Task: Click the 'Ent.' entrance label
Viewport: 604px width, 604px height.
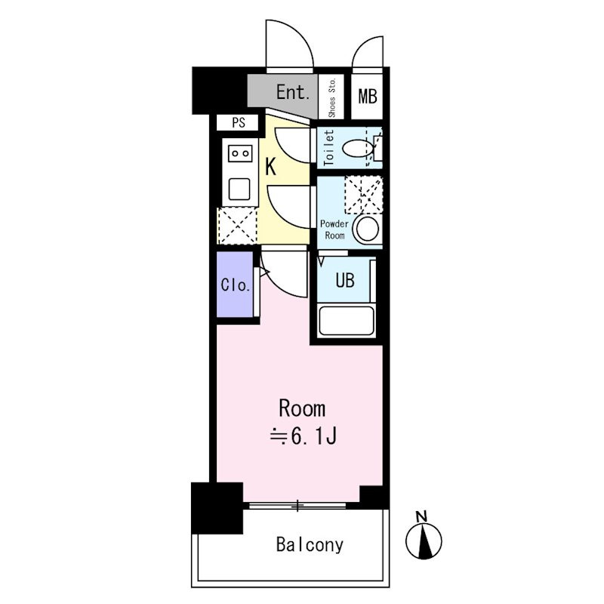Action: click(x=293, y=92)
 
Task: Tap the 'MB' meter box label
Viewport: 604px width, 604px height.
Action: click(x=368, y=97)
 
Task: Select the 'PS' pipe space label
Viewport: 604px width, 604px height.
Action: click(x=239, y=122)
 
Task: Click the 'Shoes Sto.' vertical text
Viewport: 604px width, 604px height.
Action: click(x=332, y=98)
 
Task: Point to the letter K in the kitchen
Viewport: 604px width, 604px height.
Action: click(x=271, y=167)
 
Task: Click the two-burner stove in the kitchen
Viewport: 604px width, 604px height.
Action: click(x=240, y=153)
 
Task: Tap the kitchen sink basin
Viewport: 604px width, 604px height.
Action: click(x=239, y=189)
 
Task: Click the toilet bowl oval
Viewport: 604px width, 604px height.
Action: click(x=358, y=148)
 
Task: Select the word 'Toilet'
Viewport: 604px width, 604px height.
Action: click(x=328, y=148)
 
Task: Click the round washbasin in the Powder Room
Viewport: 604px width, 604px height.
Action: click(x=368, y=229)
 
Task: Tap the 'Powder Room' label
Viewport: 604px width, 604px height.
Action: click(x=334, y=230)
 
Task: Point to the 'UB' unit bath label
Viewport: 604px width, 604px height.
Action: click(x=345, y=280)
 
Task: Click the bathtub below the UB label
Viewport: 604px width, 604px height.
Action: click(x=347, y=320)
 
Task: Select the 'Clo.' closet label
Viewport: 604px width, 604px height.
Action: click(x=236, y=285)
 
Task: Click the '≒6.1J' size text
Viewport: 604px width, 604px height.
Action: click(x=304, y=437)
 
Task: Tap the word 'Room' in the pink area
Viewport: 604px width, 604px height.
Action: click(x=302, y=408)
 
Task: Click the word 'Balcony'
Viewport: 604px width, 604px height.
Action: click(x=310, y=545)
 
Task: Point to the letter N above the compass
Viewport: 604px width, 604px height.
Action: click(x=422, y=516)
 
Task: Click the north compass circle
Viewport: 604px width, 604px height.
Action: click(x=424, y=541)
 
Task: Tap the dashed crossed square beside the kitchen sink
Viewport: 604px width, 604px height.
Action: click(x=238, y=226)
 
